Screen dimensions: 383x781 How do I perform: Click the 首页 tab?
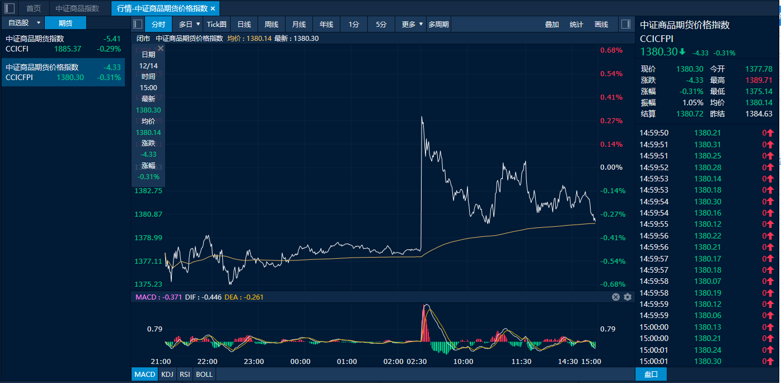pyautogui.click(x=34, y=8)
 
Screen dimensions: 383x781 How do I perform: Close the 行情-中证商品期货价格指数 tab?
pyautogui.click(x=213, y=8)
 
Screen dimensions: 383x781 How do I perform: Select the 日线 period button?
pyautogui.click(x=244, y=24)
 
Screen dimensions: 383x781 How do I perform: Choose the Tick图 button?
pyautogui.click(x=217, y=24)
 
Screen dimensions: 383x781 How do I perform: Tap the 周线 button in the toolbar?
pyautogui.click(x=272, y=24)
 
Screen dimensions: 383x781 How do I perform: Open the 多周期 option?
pyautogui.click(x=438, y=24)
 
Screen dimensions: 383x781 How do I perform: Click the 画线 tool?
pyautogui.click(x=601, y=24)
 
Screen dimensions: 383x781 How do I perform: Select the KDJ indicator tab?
pyautogui.click(x=167, y=374)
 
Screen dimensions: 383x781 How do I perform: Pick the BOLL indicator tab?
pyautogui.click(x=204, y=374)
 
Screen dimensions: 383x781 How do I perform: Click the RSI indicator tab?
pyautogui.click(x=184, y=374)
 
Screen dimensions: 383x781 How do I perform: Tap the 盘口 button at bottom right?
pyautogui.click(x=651, y=374)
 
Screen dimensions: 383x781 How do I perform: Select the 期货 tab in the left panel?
pyautogui.click(x=66, y=23)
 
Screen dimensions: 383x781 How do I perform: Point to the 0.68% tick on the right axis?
pyautogui.click(x=611, y=50)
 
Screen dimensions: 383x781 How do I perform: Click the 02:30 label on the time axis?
pyautogui.click(x=417, y=362)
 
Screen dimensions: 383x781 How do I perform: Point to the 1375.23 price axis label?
pyautogui.click(x=148, y=284)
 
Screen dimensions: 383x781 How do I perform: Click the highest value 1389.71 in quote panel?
pyautogui.click(x=759, y=80)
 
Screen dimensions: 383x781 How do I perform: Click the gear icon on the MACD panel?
pyautogui.click(x=628, y=297)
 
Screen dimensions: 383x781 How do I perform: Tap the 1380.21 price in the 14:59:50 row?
pyautogui.click(x=708, y=133)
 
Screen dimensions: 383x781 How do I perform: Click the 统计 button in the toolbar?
pyautogui.click(x=576, y=24)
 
